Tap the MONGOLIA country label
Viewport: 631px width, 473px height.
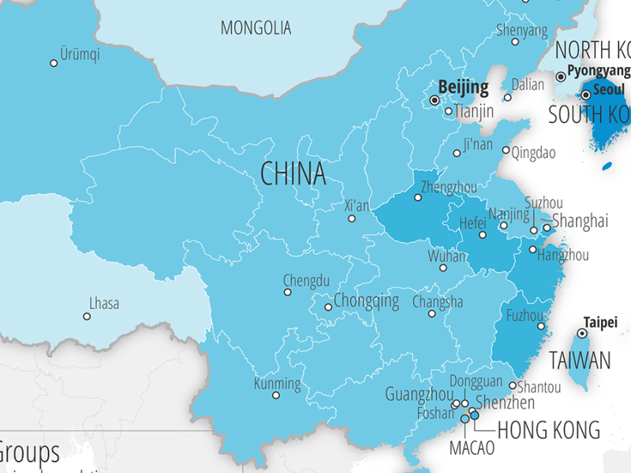click(x=256, y=28)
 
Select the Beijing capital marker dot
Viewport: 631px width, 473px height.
click(x=434, y=101)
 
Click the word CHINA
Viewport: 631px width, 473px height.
click(x=293, y=173)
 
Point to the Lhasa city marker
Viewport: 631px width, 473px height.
click(x=87, y=316)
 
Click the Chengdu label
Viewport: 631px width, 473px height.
click(x=306, y=280)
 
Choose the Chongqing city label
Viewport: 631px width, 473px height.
click(x=366, y=300)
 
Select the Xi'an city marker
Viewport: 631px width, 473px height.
click(x=352, y=218)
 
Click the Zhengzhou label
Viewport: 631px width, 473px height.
click(x=449, y=187)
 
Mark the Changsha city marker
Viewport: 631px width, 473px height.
click(x=431, y=314)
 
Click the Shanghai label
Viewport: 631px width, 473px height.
click(x=580, y=220)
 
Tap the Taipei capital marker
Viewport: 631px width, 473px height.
click(x=582, y=334)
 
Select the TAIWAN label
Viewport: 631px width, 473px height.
click(x=580, y=361)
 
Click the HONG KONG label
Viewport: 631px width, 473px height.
click(x=547, y=430)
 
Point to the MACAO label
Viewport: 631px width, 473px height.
click(x=472, y=448)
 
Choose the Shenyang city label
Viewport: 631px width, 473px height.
click(x=521, y=30)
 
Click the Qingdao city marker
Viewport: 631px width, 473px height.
click(x=506, y=150)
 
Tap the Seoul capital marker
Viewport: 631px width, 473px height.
click(x=586, y=95)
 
